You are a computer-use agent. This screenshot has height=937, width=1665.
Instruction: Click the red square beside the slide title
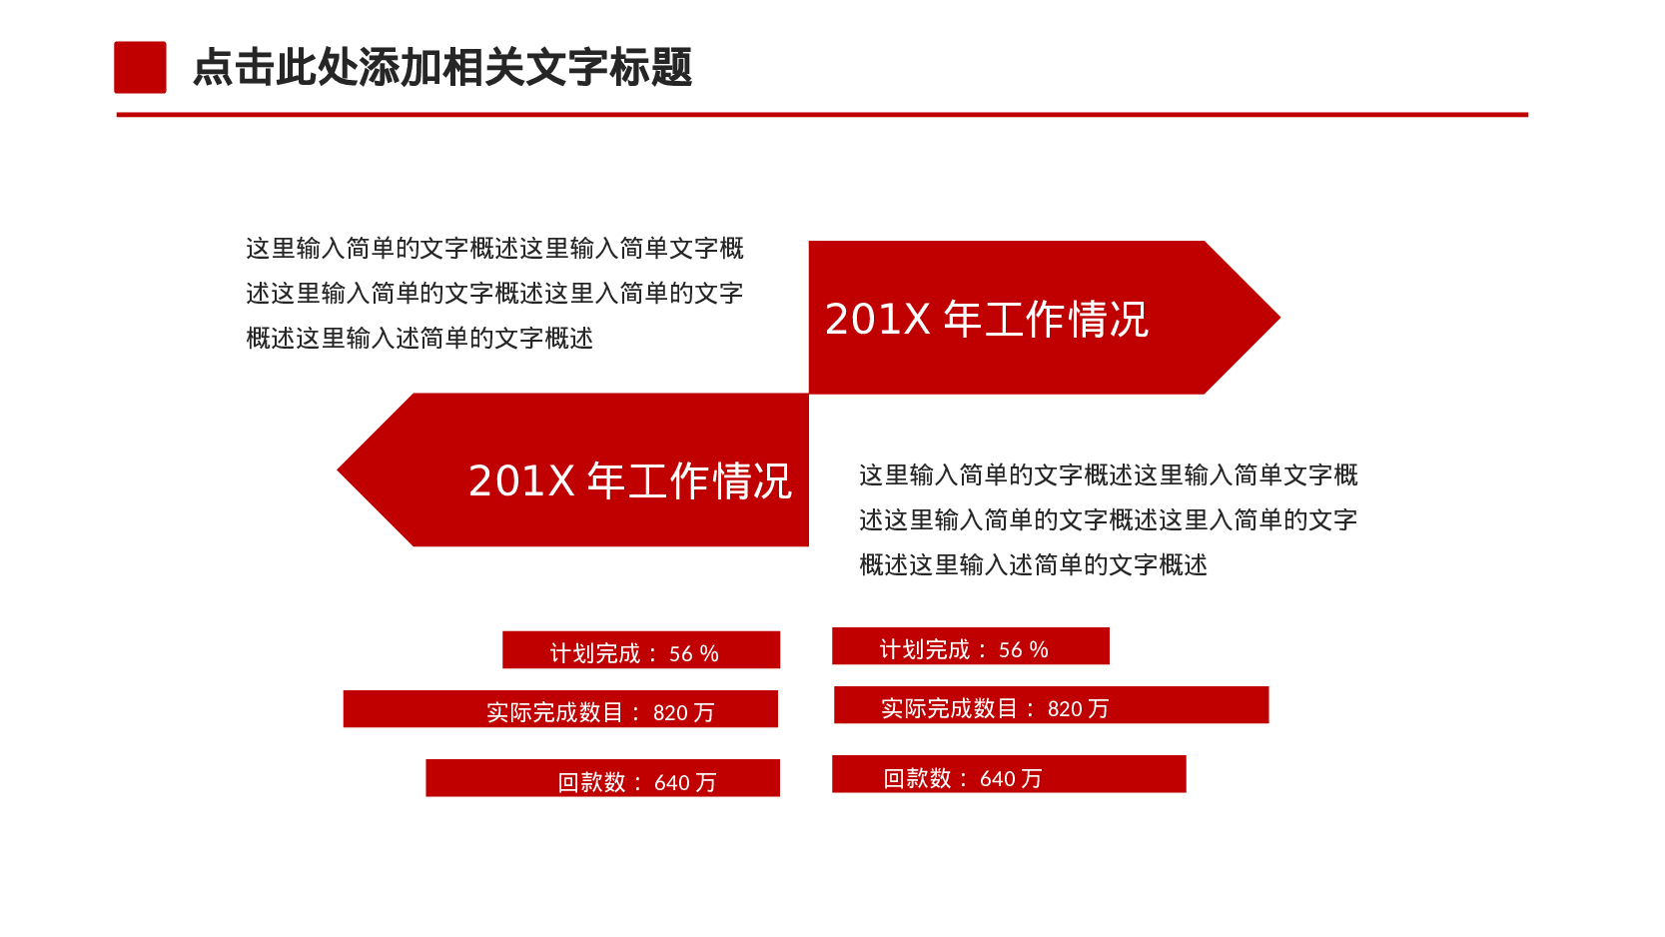coord(140,67)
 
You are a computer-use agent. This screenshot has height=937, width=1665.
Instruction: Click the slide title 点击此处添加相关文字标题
coord(441,68)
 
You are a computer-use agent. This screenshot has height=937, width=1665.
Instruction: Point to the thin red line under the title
coord(821,115)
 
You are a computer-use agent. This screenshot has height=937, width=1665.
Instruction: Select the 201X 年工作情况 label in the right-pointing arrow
coord(987,320)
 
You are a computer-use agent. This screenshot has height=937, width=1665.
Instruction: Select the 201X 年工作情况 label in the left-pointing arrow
coord(629,480)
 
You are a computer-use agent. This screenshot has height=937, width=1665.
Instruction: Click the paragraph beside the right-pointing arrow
coord(494,293)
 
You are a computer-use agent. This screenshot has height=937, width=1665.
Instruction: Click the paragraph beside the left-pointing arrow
coord(1108,519)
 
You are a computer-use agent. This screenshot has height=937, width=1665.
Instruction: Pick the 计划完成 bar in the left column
coord(640,650)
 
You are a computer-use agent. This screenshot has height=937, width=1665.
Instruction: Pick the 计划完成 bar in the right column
coord(970,646)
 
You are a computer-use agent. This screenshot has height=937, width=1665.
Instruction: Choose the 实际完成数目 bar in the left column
coord(559,709)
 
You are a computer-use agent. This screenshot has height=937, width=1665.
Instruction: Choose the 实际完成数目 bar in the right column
coord(1051,705)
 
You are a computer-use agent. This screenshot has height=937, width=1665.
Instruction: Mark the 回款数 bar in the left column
coord(602,778)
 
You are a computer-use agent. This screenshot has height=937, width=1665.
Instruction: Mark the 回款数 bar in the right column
coord(1009,774)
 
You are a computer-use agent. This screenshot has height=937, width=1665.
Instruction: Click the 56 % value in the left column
coord(693,653)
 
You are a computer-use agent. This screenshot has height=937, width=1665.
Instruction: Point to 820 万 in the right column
coord(1078,709)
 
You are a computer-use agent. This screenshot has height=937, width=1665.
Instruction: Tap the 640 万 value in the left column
coord(685,783)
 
